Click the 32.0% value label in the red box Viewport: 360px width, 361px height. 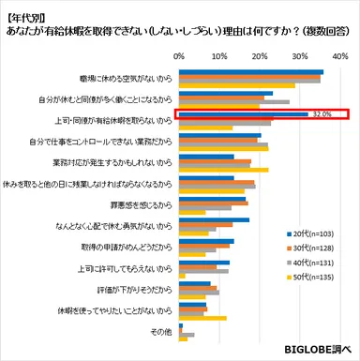[321, 114]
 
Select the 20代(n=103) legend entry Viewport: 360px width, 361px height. [314, 232]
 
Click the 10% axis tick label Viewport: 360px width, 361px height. [218, 56]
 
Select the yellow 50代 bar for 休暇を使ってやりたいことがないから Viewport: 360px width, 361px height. [202, 318]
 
